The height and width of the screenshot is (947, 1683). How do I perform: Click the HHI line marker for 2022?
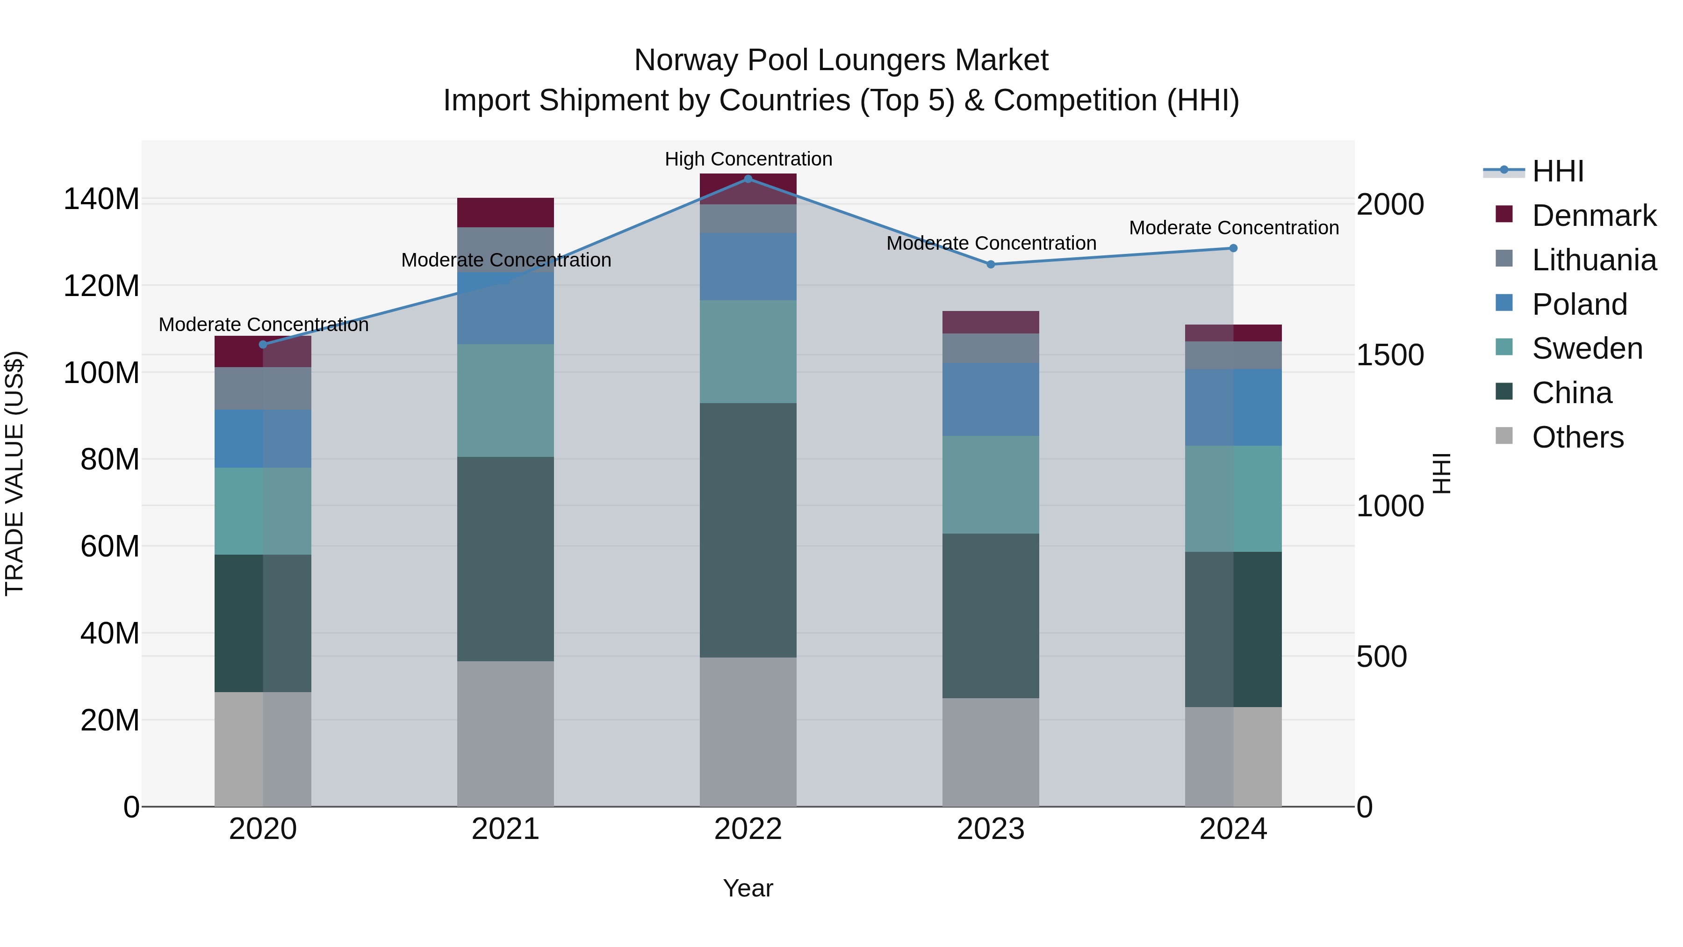tap(748, 179)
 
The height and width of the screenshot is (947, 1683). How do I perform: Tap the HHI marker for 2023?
tap(991, 264)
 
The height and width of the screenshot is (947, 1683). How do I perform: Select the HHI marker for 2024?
tap(1233, 248)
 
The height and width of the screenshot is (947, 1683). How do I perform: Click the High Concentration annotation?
tap(748, 159)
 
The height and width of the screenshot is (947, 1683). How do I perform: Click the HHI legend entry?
tap(1558, 171)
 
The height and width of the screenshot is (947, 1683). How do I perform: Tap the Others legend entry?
tap(1577, 437)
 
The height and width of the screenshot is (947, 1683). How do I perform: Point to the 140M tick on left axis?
tap(101, 199)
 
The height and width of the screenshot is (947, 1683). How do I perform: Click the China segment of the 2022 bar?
tap(748, 530)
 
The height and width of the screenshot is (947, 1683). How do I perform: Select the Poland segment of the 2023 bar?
tap(991, 399)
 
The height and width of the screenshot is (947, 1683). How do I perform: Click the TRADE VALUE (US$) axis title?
tap(15, 473)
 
